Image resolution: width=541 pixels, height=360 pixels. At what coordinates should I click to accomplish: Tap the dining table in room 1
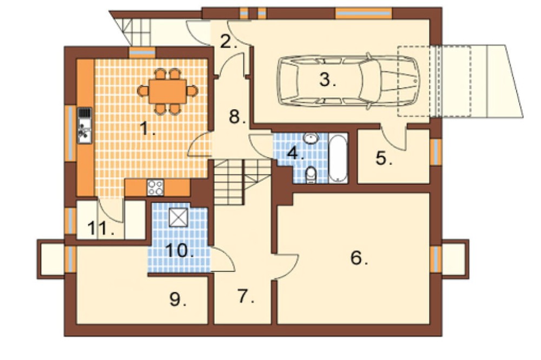pyautogui.click(x=168, y=91)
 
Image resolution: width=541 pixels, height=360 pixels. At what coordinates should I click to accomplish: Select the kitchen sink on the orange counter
pyautogui.click(x=84, y=126)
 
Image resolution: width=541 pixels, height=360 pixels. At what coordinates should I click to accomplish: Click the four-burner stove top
pyautogui.click(x=155, y=188)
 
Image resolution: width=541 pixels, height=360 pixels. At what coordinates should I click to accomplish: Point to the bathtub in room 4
pyautogui.click(x=338, y=158)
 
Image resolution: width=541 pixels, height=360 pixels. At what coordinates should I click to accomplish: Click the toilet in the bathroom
pyautogui.click(x=311, y=175)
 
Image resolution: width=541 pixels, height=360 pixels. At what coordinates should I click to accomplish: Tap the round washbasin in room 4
pyautogui.click(x=311, y=138)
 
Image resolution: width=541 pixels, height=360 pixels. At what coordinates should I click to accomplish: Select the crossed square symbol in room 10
pyautogui.click(x=179, y=218)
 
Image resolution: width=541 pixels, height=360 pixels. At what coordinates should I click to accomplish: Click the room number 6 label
pyautogui.click(x=359, y=258)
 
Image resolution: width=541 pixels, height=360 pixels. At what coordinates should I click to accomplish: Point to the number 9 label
pyautogui.click(x=177, y=299)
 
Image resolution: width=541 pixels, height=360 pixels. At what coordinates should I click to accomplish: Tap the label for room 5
pyautogui.click(x=384, y=158)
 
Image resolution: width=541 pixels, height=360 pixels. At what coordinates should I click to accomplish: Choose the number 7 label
pyautogui.click(x=246, y=296)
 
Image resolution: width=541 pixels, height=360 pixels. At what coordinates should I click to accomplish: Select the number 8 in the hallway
pyautogui.click(x=237, y=117)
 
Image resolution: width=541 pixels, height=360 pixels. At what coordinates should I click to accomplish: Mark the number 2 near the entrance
pyautogui.click(x=228, y=42)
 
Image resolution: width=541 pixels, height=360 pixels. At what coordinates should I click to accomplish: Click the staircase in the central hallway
pyautogui.click(x=242, y=182)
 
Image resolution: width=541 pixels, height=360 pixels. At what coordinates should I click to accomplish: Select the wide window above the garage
pyautogui.click(x=364, y=13)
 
